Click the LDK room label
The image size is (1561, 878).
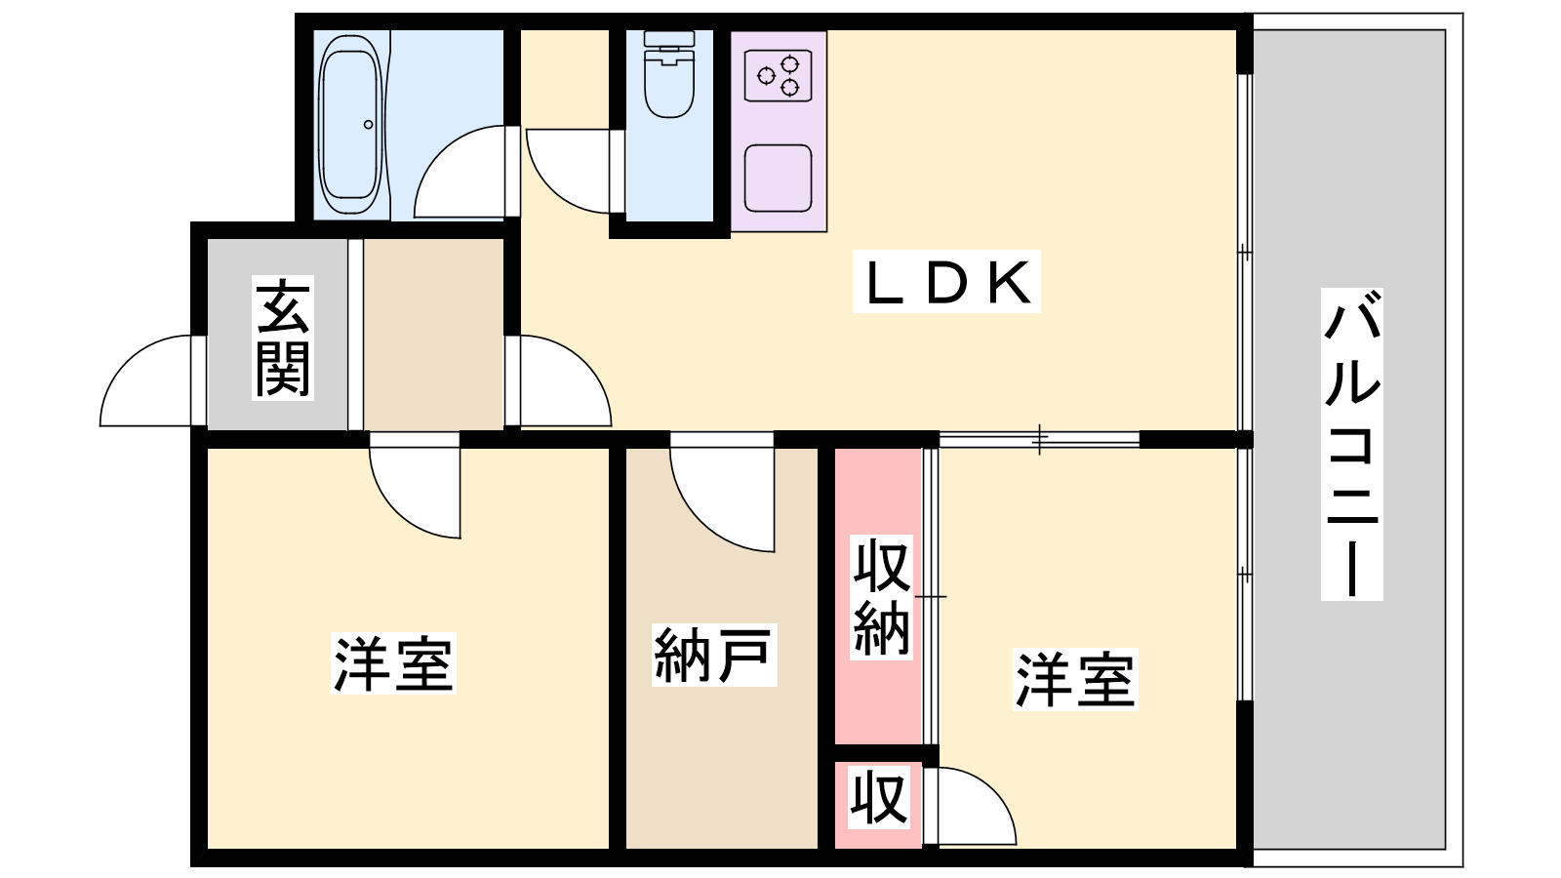(946, 282)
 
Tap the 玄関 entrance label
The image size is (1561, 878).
(283, 338)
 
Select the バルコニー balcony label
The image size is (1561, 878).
(1352, 444)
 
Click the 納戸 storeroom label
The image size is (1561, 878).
(714, 655)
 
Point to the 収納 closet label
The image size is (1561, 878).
(882, 597)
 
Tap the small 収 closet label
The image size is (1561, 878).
(879, 797)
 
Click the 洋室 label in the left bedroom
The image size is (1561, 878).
(394, 662)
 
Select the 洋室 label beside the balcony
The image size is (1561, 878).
(1075, 679)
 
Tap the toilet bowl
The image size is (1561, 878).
(669, 74)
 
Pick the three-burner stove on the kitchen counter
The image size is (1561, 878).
(779, 75)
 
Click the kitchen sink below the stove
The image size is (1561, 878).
(779, 178)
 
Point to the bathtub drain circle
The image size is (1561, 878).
(368, 125)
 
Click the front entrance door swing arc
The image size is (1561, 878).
(145, 380)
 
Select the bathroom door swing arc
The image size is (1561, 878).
(460, 172)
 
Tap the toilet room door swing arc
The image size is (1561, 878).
(569, 171)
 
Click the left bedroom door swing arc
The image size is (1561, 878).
(415, 493)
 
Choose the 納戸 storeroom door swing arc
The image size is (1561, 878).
(722, 499)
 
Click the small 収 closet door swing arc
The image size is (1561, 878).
(977, 806)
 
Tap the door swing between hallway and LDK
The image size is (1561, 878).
(566, 380)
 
